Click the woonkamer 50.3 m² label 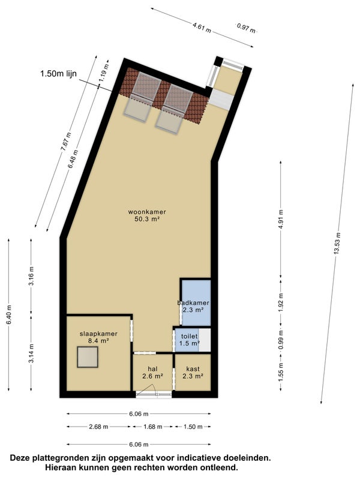pyautogui.click(x=147, y=215)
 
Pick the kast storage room pyautogui.click(x=192, y=373)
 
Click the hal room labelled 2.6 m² pyautogui.click(x=152, y=373)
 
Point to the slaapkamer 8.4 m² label pyautogui.click(x=98, y=337)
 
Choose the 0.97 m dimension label pyautogui.click(x=246, y=27)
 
